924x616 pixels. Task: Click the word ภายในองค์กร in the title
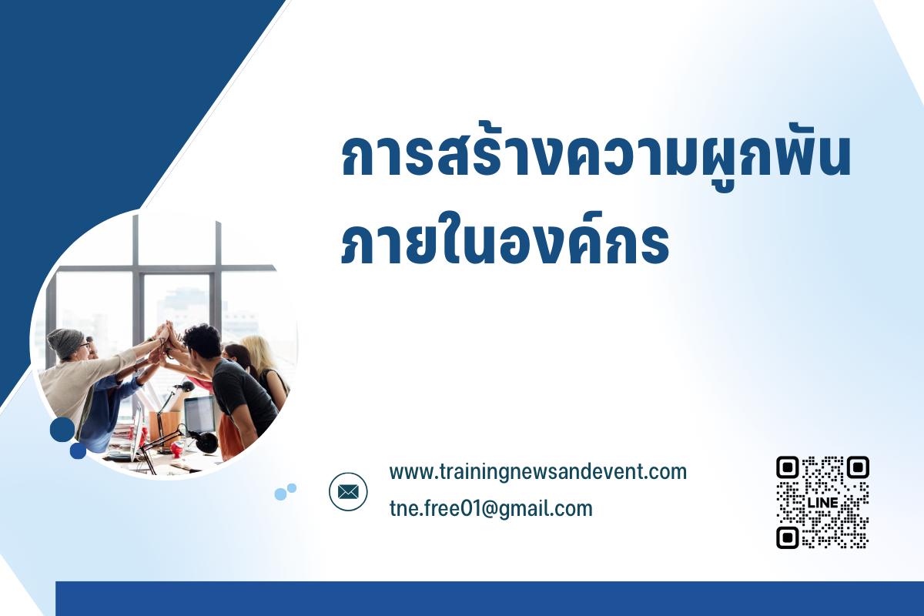pos(505,239)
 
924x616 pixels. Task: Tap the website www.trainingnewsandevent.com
pos(538,472)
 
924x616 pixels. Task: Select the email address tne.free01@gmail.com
pos(491,509)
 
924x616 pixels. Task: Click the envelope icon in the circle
pos(348,492)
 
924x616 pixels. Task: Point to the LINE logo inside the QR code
pos(822,503)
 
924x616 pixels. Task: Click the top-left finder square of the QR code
pos(788,467)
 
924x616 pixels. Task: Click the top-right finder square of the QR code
pos(858,467)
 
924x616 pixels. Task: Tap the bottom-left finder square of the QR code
pos(788,537)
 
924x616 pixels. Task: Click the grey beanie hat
pos(65,343)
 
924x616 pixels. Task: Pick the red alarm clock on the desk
pos(176,448)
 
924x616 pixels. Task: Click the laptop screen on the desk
pos(199,415)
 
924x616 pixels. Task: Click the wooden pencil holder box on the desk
pos(165,428)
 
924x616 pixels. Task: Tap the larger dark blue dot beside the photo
pos(62,430)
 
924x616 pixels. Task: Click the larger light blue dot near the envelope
pos(280,494)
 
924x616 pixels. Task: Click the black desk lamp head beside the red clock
pos(207,442)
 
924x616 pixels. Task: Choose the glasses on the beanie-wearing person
pos(85,345)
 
